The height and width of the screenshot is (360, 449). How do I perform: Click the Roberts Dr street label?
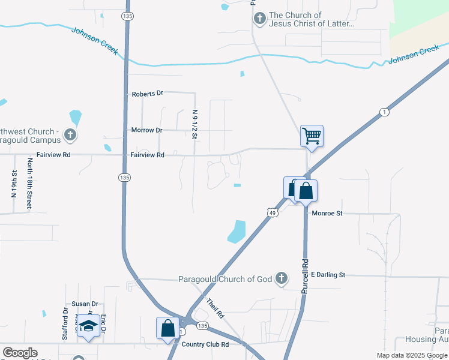coord(147,94)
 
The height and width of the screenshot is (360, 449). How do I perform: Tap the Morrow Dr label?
coord(146,130)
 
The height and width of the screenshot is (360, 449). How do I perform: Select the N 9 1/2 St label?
coord(194,124)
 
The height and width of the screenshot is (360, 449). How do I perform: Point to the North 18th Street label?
coord(29,184)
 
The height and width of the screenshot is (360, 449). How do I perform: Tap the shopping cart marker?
coord(312,136)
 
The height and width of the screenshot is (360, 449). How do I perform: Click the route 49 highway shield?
coord(272,212)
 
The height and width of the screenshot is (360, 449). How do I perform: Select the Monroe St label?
coord(327,213)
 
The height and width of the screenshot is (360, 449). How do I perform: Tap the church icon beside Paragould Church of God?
coord(281,278)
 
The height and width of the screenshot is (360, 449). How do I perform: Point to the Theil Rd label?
coord(215,308)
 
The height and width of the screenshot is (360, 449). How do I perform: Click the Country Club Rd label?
coord(205,344)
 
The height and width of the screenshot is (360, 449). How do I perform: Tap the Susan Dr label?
coord(85,304)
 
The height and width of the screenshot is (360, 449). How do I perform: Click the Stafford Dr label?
coord(65,324)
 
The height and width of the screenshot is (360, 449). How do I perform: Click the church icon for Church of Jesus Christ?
coord(260,19)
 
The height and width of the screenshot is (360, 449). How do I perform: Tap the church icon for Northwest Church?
coord(70,134)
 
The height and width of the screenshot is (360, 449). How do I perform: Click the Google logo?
coord(20,353)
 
